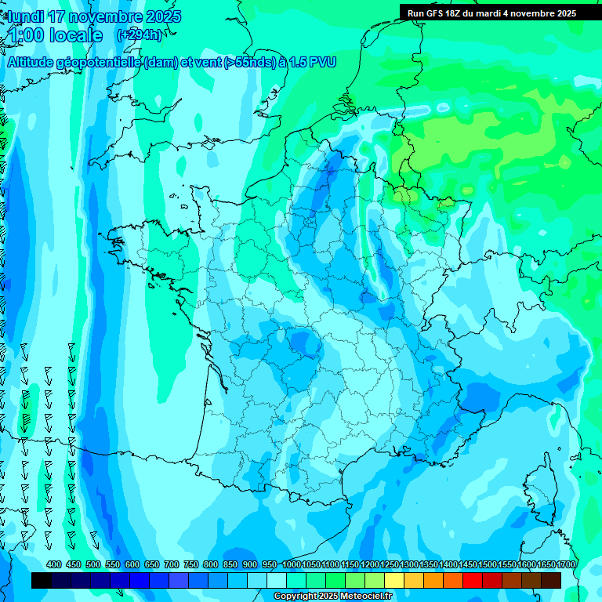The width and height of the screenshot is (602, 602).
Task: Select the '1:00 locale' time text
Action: pyautogui.click(x=54, y=35)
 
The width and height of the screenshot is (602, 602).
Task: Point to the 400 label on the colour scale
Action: pyautogui.click(x=54, y=564)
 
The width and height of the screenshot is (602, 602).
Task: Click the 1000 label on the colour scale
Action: pyautogui.click(x=291, y=564)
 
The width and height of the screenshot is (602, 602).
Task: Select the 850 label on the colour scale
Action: pyautogui.click(x=230, y=564)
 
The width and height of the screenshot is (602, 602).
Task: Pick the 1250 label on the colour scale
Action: pyautogui.click(x=389, y=564)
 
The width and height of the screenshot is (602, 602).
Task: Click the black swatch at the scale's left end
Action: pyautogui.click(x=42, y=581)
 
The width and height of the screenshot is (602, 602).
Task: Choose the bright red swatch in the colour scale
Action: pyautogui.click(x=473, y=581)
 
